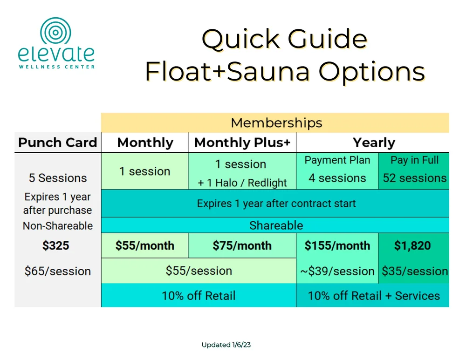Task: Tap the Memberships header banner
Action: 276,123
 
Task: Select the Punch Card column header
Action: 58,143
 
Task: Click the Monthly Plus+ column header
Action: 242,143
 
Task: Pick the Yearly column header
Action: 373,143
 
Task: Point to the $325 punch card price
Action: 56,245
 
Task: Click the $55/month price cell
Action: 145,245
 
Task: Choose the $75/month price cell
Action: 242,245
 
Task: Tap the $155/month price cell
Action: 337,245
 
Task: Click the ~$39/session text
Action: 337,271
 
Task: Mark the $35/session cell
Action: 414,271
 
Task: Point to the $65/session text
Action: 58,271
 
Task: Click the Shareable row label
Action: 276,225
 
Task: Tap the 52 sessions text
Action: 414,178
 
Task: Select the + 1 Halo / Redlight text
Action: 242,183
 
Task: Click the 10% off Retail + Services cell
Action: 373,295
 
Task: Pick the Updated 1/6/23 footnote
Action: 226,345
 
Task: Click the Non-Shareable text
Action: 58,226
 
